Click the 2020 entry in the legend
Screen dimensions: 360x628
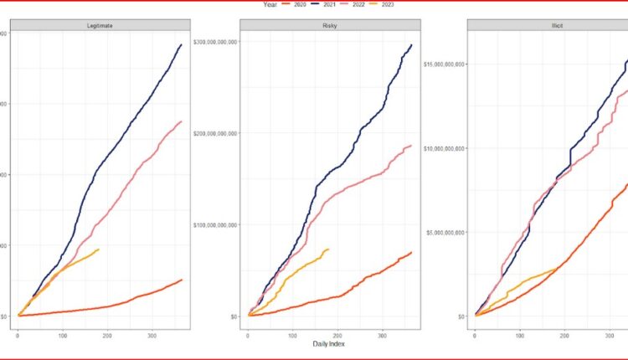click(299, 4)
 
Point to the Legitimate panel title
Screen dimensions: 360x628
click(100, 26)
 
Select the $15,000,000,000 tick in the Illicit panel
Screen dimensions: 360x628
click(445, 64)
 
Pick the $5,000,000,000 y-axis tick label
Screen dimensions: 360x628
click(446, 232)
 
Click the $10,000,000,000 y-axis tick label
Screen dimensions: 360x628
click(445, 148)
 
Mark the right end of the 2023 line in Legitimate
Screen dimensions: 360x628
click(99, 249)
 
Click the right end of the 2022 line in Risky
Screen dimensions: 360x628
click(412, 146)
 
